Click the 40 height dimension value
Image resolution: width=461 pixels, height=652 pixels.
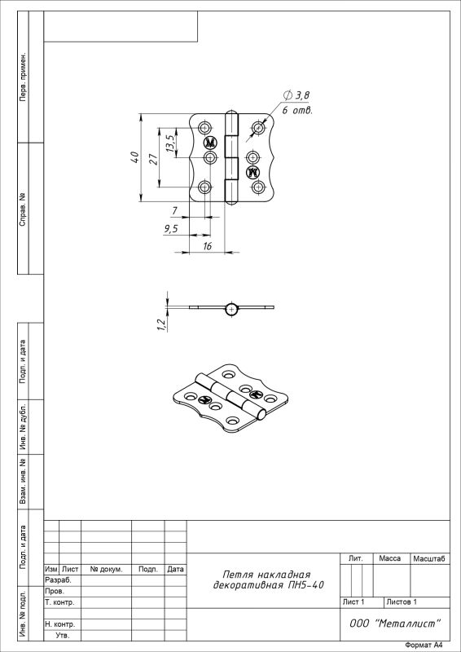pyautogui.click(x=135, y=157)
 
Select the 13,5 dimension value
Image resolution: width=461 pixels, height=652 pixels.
pyautogui.click(x=170, y=143)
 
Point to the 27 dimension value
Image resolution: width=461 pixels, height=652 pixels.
pyautogui.click(x=153, y=159)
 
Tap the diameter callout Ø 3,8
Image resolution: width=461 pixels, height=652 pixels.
pyautogui.click(x=296, y=95)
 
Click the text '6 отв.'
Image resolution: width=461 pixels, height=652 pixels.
pyautogui.click(x=297, y=111)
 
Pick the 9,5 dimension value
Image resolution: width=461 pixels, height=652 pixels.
pyautogui.click(x=171, y=229)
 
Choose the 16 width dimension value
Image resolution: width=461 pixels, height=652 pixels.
pyautogui.click(x=207, y=246)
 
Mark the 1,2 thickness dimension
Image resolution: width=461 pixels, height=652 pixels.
pyautogui.click(x=162, y=325)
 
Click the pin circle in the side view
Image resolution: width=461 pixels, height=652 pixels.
pyautogui.click(x=232, y=310)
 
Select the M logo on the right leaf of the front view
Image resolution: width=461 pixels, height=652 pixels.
pyautogui.click(x=252, y=172)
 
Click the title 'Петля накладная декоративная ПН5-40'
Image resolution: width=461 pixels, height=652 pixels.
pyautogui.click(x=268, y=580)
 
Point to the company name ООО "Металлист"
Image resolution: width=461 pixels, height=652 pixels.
pyautogui.click(x=395, y=623)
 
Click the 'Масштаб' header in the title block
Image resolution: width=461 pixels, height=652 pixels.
pyautogui.click(x=429, y=559)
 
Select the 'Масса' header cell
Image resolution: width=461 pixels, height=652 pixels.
pyautogui.click(x=389, y=558)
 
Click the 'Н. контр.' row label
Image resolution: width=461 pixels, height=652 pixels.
pyautogui.click(x=59, y=624)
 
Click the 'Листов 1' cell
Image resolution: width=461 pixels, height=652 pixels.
pyautogui.click(x=402, y=602)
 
